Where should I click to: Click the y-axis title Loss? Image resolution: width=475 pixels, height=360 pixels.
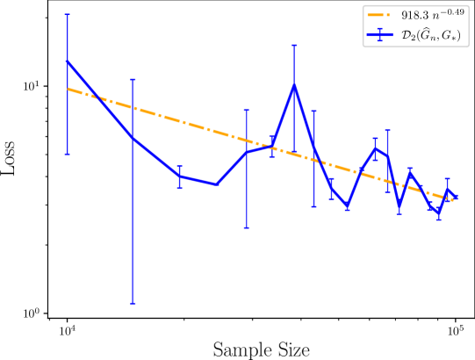pos(8,157)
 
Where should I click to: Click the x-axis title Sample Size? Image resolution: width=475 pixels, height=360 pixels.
pos(261,349)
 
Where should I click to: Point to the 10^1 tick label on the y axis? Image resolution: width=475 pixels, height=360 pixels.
pos(32,85)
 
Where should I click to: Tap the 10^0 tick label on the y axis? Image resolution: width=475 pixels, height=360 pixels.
pos(32,313)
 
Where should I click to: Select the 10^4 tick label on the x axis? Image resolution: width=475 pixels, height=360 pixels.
pos(67,330)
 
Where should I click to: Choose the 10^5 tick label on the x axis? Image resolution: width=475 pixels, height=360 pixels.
pos(455,330)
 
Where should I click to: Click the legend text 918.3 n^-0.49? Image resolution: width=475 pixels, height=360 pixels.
pos(433,15)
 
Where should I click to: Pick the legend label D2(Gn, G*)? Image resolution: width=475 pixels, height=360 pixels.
pos(431,35)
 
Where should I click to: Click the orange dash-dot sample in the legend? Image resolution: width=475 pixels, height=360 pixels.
pos(380,15)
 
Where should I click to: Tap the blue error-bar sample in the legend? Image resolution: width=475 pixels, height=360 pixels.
pos(380,34)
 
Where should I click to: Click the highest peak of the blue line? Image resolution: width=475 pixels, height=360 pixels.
pos(294,85)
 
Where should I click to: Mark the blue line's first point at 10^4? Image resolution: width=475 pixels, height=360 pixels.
pos(67,61)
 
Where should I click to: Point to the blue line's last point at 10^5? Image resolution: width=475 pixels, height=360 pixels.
pos(456,197)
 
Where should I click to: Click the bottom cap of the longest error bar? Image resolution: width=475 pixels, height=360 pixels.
pos(133,304)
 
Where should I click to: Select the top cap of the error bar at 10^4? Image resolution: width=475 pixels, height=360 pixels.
pos(67,14)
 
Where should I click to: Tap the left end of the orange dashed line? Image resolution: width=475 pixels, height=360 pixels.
pos(68,89)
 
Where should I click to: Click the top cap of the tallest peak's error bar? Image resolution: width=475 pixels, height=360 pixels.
pos(294,45)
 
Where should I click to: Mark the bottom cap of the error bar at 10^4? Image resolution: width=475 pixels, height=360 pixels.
pos(67,155)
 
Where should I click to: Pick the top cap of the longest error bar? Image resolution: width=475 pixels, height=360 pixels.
pos(133,79)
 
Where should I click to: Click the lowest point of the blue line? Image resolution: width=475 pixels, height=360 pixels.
pos(439,213)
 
